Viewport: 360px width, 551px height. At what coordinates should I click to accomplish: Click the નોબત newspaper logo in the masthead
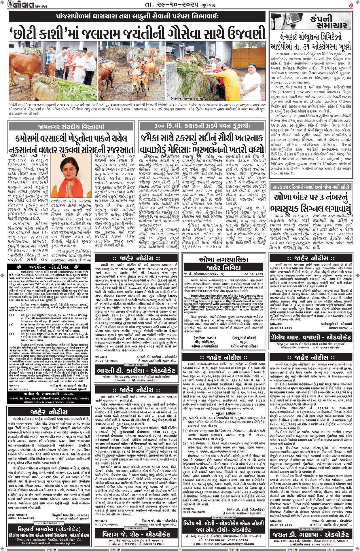click(x=18, y=5)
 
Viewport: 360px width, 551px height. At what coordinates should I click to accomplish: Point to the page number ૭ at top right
click(x=350, y=5)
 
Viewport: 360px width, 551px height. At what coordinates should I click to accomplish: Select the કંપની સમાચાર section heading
click(x=324, y=22)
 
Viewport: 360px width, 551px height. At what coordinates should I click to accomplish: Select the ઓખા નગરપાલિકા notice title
click(x=223, y=260)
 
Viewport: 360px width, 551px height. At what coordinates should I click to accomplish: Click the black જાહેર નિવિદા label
click(x=223, y=267)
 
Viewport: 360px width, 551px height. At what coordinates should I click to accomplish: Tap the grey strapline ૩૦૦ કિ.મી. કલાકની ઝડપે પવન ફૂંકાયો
click(x=202, y=126)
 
